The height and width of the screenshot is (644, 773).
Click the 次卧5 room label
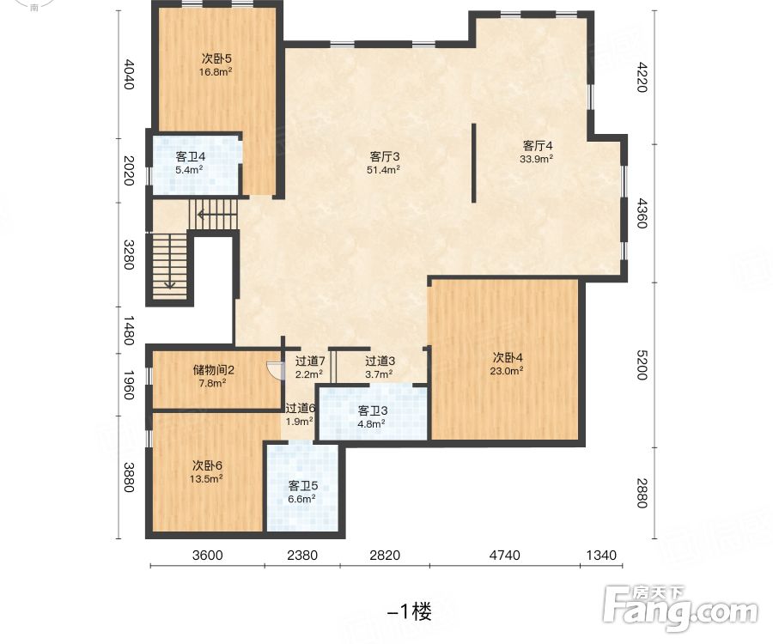tap(216, 58)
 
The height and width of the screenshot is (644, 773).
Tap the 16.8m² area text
tap(216, 72)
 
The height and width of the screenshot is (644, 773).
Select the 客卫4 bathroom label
tap(191, 157)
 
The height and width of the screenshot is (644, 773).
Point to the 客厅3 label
tap(385, 156)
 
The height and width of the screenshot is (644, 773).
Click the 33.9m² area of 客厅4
tap(536, 159)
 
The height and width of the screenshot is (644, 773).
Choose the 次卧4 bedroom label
tap(508, 357)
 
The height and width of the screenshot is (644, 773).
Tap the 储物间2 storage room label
tap(213, 369)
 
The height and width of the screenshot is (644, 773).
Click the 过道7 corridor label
tap(310, 361)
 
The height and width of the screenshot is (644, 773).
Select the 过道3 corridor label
tap(380, 361)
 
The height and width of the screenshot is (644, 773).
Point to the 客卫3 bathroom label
tap(373, 410)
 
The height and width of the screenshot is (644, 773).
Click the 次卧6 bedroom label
tap(207, 465)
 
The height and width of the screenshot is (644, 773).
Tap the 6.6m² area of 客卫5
tap(301, 499)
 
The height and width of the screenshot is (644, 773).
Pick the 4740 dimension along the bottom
tap(504, 556)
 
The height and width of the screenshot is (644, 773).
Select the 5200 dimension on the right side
tap(642, 365)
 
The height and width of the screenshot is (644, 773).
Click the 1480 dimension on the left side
tap(128, 331)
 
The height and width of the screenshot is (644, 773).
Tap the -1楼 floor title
tap(410, 612)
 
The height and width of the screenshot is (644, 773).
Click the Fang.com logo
tap(681, 609)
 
